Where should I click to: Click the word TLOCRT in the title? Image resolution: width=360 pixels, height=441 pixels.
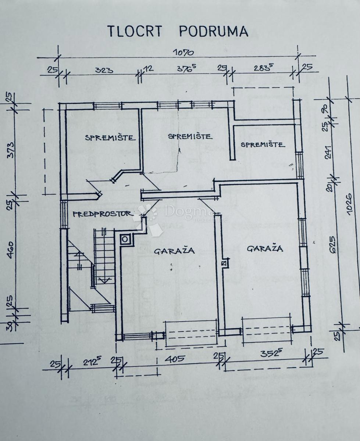pyautogui.click(x=134, y=31)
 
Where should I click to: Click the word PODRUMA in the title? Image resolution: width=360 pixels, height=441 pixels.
pyautogui.click(x=214, y=31)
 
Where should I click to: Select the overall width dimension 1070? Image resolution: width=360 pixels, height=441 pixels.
pyautogui.click(x=183, y=52)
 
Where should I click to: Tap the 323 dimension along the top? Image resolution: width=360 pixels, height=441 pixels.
pyautogui.click(x=104, y=70)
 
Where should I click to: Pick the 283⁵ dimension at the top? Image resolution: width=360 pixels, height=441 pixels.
pyautogui.click(x=263, y=69)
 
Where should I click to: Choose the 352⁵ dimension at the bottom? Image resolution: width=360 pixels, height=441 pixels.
pyautogui.click(x=272, y=354)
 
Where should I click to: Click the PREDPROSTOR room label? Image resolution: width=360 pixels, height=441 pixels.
pyautogui.click(x=103, y=214)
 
